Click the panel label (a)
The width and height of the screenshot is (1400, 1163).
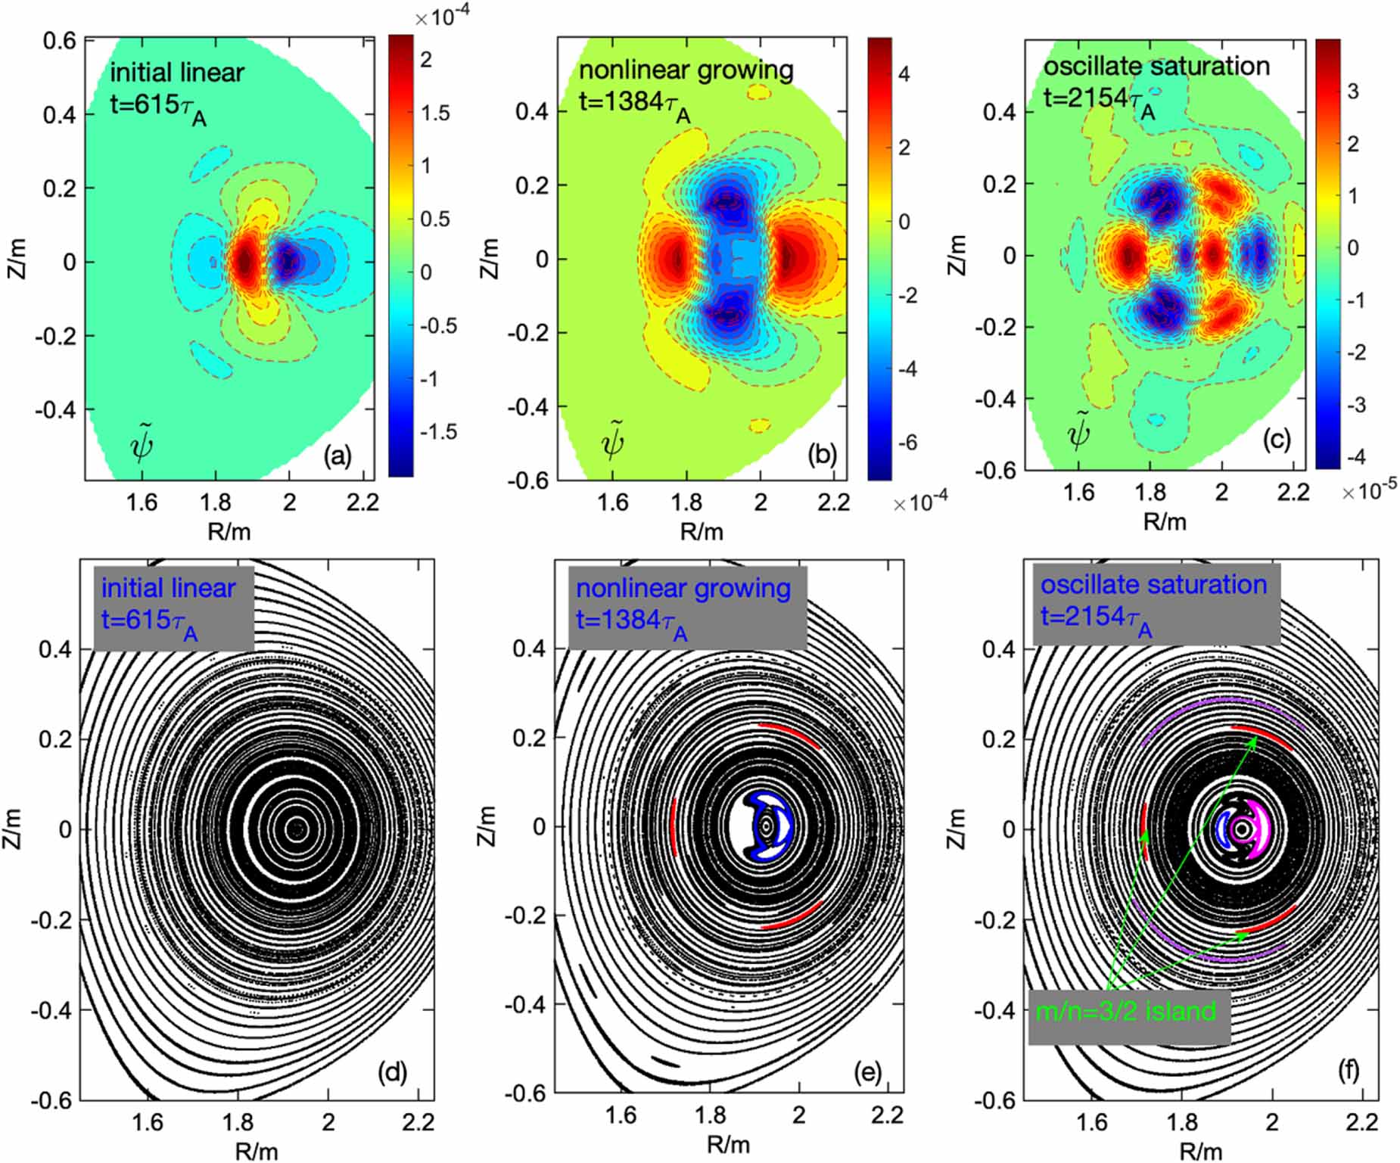click(338, 456)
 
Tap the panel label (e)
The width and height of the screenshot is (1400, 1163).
click(866, 1071)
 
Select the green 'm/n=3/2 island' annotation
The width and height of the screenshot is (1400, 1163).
click(1125, 1011)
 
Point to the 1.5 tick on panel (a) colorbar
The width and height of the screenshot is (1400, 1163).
click(434, 114)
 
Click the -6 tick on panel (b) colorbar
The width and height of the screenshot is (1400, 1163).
click(903, 443)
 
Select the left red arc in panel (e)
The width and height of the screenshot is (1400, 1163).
click(673, 826)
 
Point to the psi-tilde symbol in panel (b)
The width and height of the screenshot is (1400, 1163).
click(612, 443)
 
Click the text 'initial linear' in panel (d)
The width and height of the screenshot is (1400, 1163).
click(168, 589)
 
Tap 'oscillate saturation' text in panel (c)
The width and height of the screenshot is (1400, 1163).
click(1156, 67)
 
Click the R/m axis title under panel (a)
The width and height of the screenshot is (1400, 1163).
click(229, 531)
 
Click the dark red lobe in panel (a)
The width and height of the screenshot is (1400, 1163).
click(244, 262)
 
